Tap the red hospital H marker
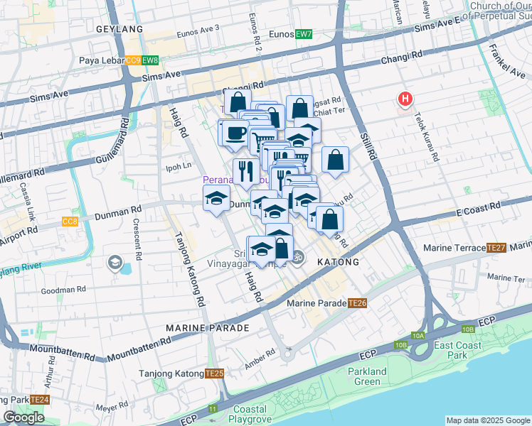405,100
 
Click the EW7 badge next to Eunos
304,33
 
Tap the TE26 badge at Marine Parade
357,303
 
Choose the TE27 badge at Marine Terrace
496,248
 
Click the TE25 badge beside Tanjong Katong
214,373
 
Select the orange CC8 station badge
70,222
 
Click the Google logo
24,417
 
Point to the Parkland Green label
367,376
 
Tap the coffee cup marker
234,131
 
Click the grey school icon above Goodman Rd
114,264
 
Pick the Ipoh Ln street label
179,166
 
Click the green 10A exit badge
417,336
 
